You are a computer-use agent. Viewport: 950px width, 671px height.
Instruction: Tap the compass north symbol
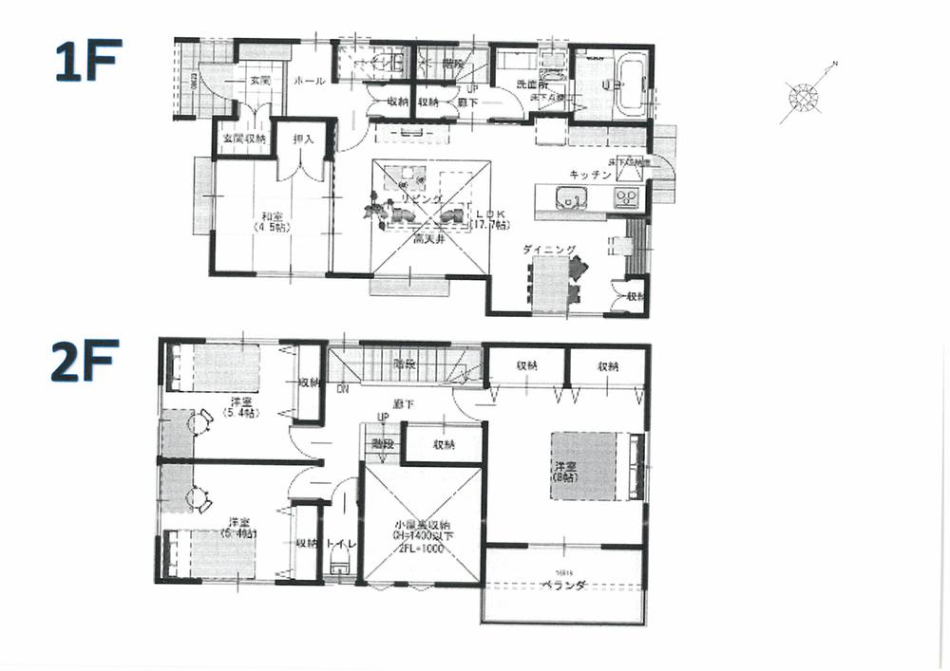(806, 96)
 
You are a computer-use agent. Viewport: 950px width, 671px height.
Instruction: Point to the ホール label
(310, 82)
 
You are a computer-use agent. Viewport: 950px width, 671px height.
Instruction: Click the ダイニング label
(549, 250)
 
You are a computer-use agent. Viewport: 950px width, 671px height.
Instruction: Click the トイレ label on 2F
(339, 544)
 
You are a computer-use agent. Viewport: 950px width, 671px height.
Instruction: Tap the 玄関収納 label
(244, 139)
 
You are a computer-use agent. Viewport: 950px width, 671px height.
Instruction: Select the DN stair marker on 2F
(342, 389)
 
